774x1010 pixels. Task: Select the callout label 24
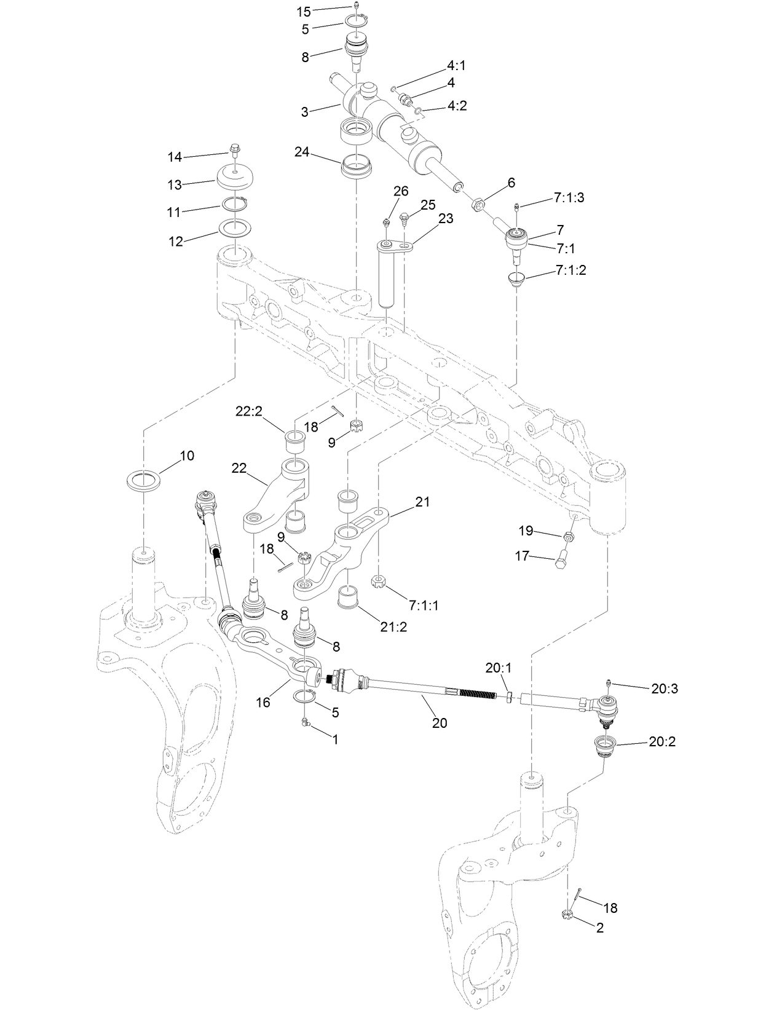[x=301, y=152]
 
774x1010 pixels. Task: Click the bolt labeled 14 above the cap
[x=235, y=149]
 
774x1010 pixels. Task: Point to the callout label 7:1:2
[x=571, y=270]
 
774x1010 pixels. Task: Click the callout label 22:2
[x=248, y=411]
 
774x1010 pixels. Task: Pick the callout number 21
[x=422, y=502]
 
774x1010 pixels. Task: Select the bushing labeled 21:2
[x=350, y=596]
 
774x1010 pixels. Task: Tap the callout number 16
[x=263, y=702]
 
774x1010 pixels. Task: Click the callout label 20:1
[x=498, y=668]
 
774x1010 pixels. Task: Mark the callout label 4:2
[x=457, y=106]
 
